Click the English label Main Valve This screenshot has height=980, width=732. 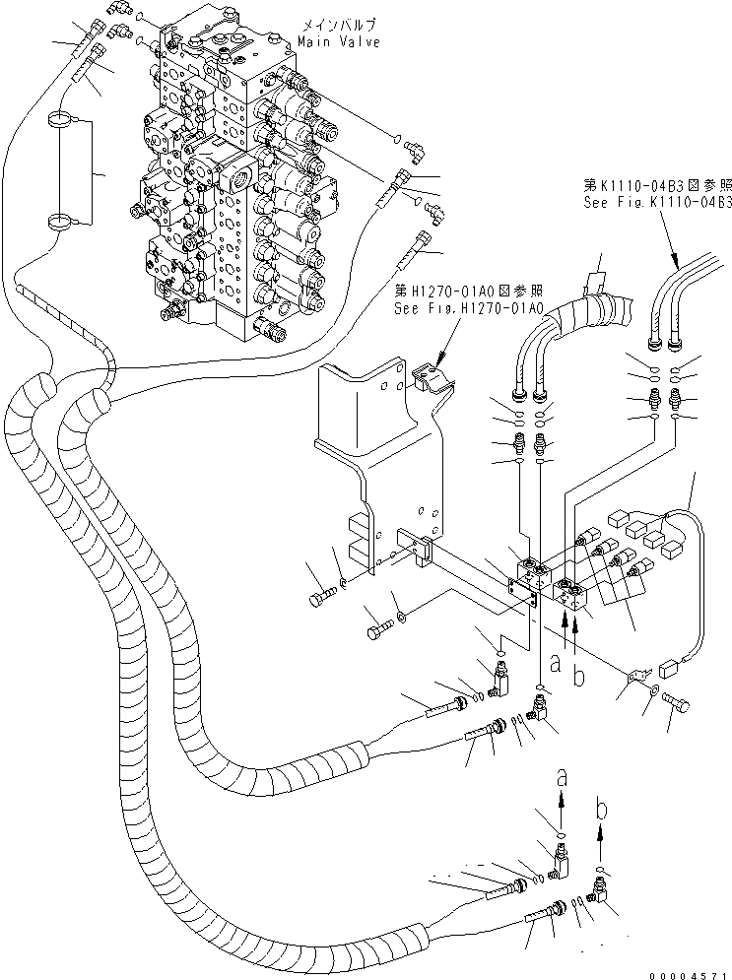pyautogui.click(x=337, y=43)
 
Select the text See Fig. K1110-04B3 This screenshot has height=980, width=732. pyautogui.click(x=655, y=202)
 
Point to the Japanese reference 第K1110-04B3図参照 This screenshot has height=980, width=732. pyautogui.click(x=655, y=185)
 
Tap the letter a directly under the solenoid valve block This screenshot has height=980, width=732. pyautogui.click(x=556, y=667)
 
